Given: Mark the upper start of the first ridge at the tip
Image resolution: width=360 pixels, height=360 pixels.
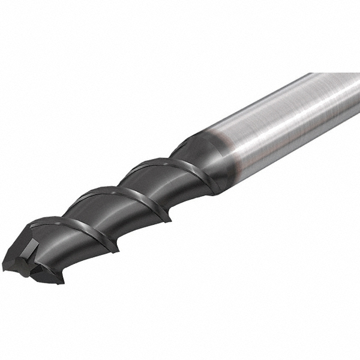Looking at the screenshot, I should pyautogui.click(x=36, y=225).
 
